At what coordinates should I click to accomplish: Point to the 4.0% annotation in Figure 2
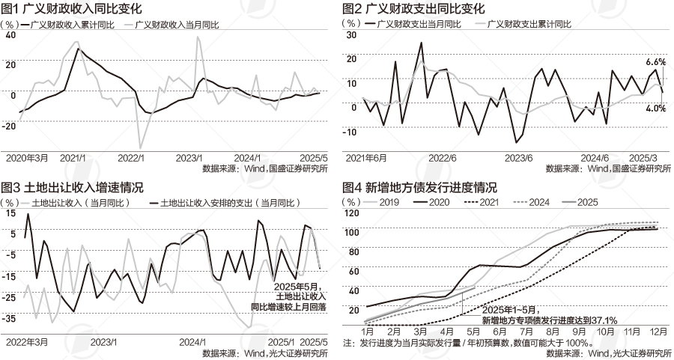tap(655, 109)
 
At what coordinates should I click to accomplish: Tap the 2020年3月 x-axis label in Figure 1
tap(27, 159)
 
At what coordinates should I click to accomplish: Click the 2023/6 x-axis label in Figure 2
tap(519, 159)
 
